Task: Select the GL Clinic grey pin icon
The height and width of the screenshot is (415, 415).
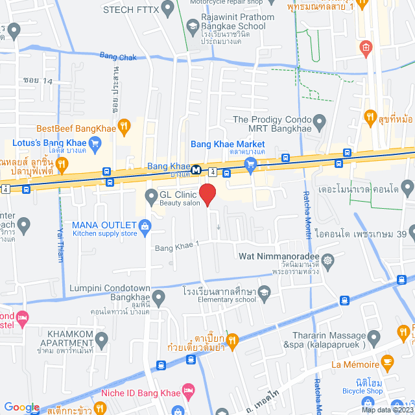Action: pos(150,195)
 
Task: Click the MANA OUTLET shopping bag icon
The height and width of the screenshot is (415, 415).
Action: pos(145,226)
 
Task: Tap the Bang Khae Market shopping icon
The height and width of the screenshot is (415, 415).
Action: pos(252,166)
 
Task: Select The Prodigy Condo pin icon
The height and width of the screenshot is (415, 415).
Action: pos(319,120)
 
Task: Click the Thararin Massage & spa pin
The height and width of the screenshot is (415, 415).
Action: pos(373,337)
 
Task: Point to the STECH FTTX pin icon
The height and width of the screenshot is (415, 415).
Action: pos(168,9)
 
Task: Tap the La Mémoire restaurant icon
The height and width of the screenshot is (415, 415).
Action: pos(387,361)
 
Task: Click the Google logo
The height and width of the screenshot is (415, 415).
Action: pos(22,407)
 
